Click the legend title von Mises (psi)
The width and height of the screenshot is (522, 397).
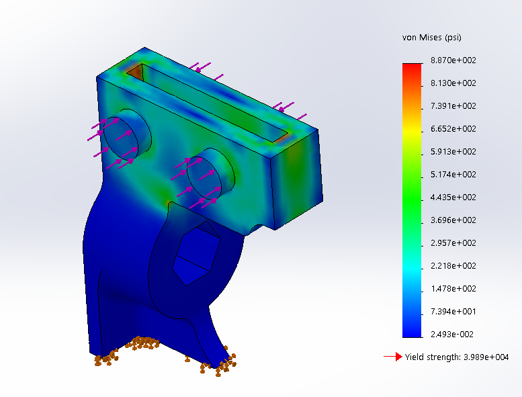coord(431,38)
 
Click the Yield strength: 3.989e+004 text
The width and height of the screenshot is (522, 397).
coord(457,357)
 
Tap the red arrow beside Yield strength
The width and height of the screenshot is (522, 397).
coord(392,357)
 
